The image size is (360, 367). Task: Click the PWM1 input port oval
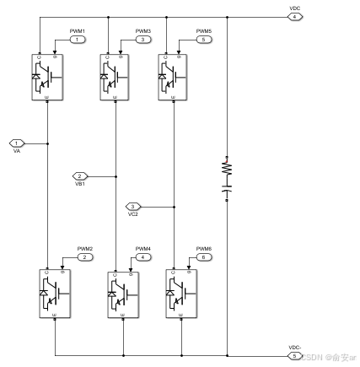pyautogui.click(x=77, y=39)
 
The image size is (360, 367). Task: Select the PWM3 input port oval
pyautogui.click(x=142, y=39)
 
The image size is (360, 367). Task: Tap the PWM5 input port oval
pyautogui.click(x=203, y=39)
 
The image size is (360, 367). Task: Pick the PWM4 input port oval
pyautogui.click(x=143, y=256)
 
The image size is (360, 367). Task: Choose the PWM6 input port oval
pyautogui.click(x=203, y=256)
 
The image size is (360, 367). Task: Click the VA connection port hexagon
pyautogui.click(x=16, y=143)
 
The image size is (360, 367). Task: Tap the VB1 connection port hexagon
pyautogui.click(x=80, y=175)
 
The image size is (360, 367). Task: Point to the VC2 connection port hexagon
pyautogui.click(x=133, y=206)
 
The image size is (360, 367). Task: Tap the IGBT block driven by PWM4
pyautogui.click(x=122, y=294)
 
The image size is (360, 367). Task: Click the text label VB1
pyautogui.click(x=79, y=184)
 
